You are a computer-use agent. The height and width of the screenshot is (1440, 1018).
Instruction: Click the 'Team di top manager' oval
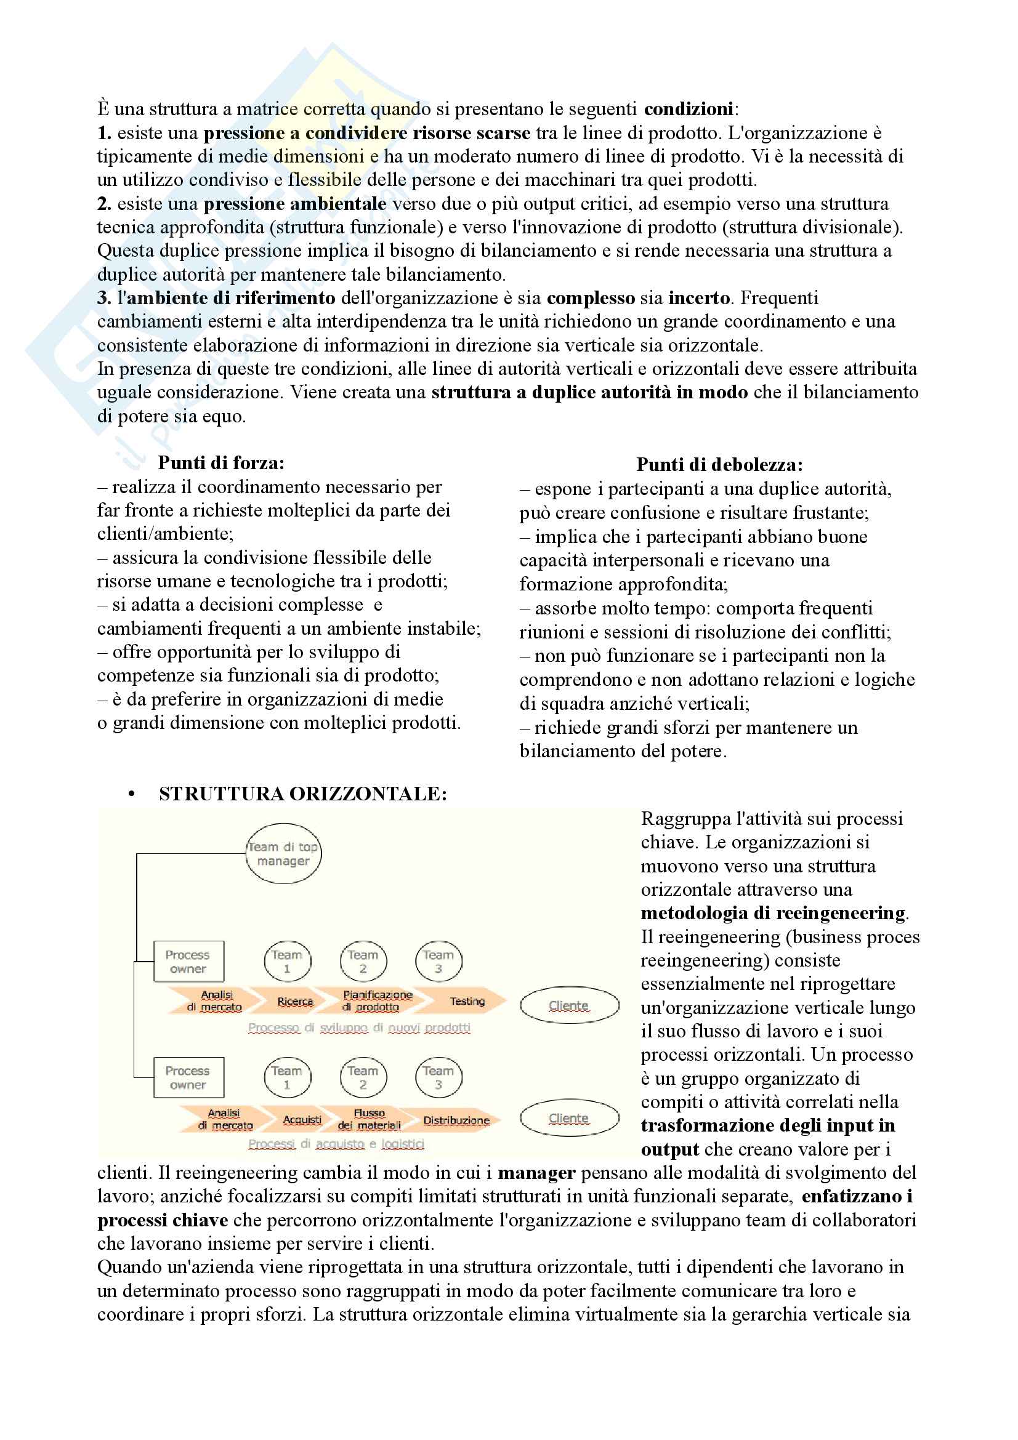tap(283, 853)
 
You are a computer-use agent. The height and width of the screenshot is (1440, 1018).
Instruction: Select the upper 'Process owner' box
tap(188, 962)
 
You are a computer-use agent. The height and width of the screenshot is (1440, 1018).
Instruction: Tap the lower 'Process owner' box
tap(188, 1077)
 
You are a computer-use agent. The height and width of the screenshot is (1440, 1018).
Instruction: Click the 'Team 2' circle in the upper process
tap(363, 962)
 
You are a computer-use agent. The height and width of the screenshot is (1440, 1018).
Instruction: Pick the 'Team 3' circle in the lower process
tap(438, 1077)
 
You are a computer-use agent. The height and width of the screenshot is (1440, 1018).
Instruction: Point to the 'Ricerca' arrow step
tap(295, 1002)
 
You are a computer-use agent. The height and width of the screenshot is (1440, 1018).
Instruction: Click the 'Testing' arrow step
tap(467, 1002)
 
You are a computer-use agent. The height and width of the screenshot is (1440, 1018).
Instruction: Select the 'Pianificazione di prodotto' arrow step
tap(377, 1002)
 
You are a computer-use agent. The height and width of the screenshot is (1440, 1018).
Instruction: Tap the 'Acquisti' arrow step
tap(302, 1120)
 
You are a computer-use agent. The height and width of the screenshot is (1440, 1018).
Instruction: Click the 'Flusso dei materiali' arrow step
tap(369, 1119)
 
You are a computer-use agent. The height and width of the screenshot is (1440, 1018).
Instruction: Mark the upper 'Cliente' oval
tap(569, 1006)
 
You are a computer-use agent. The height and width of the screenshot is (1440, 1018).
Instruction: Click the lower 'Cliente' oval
tap(569, 1119)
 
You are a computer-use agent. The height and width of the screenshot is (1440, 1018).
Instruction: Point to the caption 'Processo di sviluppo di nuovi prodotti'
tap(359, 1028)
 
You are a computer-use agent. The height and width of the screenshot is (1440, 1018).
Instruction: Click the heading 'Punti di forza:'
tap(221, 463)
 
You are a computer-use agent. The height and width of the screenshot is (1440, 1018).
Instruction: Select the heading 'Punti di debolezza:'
tap(719, 465)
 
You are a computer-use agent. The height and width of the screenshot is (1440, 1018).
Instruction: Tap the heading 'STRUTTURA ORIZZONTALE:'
tap(302, 794)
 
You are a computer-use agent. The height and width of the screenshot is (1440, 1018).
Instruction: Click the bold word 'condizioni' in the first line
tap(688, 109)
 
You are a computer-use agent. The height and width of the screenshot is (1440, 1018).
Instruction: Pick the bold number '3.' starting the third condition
tap(104, 298)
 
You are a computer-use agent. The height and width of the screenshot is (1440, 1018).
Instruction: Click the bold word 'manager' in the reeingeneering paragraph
tap(536, 1173)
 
